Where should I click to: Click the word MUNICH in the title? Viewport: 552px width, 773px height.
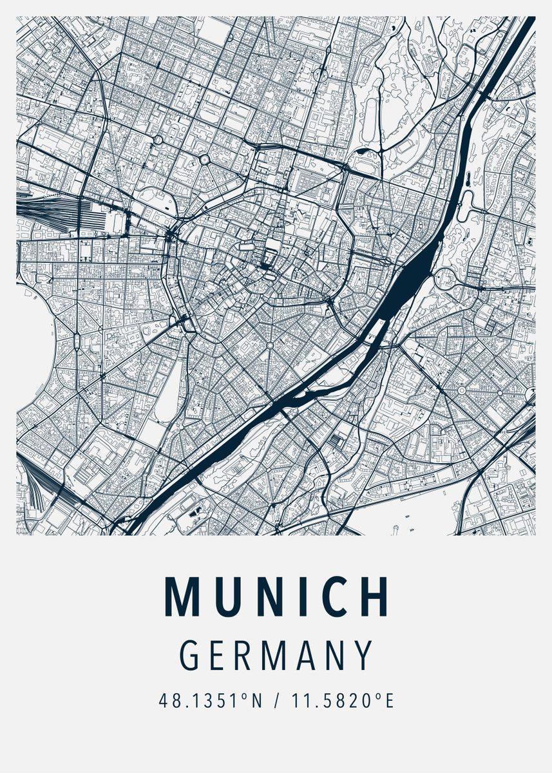(x=276, y=596)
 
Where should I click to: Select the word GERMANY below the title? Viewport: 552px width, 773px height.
(x=276, y=655)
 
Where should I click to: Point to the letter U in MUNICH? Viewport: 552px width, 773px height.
(x=227, y=596)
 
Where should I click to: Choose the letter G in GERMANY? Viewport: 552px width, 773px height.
(x=191, y=655)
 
